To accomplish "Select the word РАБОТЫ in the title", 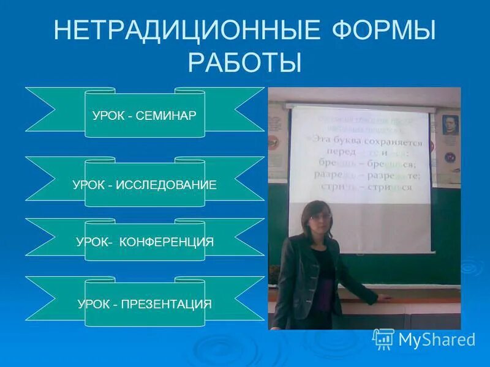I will (x=245, y=62).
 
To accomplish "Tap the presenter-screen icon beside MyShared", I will (x=383, y=339).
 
